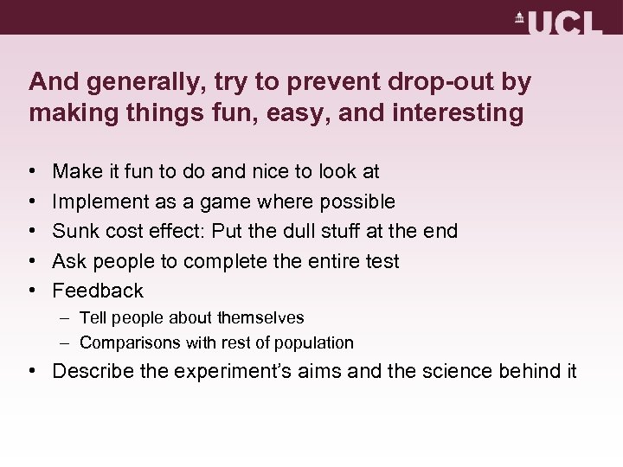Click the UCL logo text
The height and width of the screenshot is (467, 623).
coord(568,22)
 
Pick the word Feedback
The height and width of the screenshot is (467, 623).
coord(98,291)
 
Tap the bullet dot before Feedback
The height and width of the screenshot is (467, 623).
coord(32,291)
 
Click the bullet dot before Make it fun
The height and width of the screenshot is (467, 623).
coord(32,173)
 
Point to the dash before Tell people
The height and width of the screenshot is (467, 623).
coord(67,318)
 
